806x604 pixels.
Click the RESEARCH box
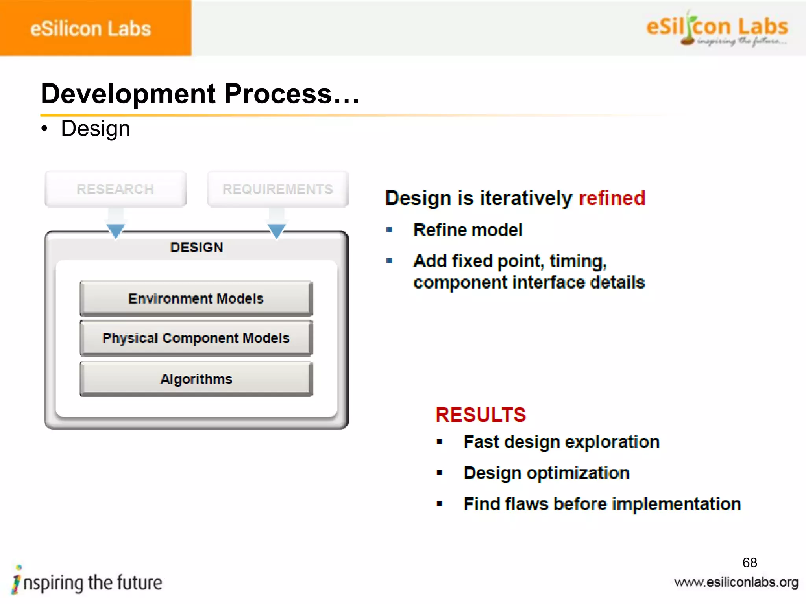[x=115, y=189]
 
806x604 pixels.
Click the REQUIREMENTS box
[x=278, y=189]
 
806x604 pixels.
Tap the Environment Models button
[x=196, y=298]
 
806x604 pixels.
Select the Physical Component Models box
[x=196, y=338]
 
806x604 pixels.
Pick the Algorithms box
[x=196, y=379]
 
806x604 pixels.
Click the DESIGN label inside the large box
[x=196, y=247]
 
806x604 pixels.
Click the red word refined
[x=612, y=198]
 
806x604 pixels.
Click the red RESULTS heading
[x=481, y=415]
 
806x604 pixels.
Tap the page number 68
[x=749, y=562]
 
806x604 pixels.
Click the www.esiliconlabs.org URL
[x=736, y=582]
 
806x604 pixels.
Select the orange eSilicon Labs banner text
[x=91, y=29]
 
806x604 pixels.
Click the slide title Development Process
[x=200, y=94]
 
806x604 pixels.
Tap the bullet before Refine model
[x=389, y=230]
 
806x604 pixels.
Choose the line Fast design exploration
[x=561, y=442]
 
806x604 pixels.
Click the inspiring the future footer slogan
[x=87, y=582]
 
